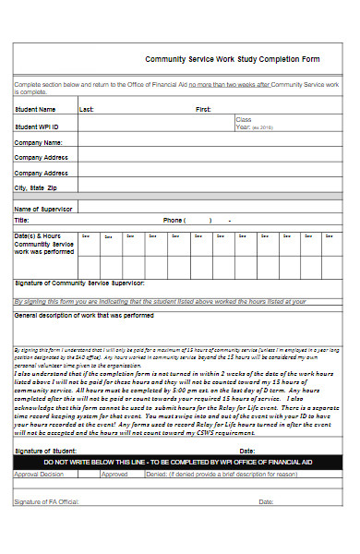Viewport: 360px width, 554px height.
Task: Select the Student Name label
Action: click(34, 109)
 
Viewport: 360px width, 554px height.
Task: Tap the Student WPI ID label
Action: click(37, 126)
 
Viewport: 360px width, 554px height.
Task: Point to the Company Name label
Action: click(39, 142)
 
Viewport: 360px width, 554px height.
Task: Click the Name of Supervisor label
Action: click(44, 209)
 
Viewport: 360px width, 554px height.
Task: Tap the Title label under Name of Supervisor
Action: click(21, 221)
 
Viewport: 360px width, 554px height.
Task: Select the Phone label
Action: click(174, 221)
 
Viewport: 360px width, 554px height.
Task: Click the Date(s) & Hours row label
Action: click(44, 243)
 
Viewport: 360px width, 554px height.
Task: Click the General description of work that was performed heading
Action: click(84, 315)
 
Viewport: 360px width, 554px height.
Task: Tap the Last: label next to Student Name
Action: click(87, 109)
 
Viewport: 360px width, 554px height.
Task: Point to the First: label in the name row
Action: click(203, 109)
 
